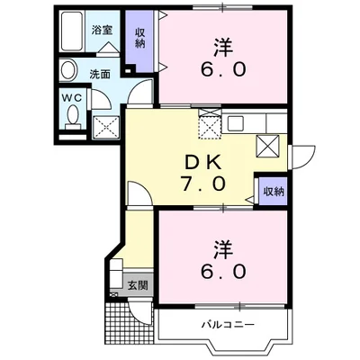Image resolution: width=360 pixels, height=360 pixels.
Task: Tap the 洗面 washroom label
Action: click(x=100, y=75)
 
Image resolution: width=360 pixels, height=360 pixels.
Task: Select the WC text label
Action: click(x=72, y=99)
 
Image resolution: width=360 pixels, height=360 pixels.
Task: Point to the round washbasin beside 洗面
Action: click(x=69, y=71)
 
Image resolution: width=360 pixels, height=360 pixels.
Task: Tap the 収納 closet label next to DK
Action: click(x=274, y=191)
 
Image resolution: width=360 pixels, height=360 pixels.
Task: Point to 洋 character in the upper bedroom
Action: click(x=223, y=44)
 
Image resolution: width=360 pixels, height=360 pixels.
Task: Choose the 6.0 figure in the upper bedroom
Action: click(x=223, y=69)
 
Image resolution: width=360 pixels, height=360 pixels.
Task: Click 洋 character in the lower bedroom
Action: click(x=223, y=245)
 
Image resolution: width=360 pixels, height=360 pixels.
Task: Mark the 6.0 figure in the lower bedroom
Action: click(x=223, y=270)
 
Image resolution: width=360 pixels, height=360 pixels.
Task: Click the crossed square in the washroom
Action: click(x=108, y=125)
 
